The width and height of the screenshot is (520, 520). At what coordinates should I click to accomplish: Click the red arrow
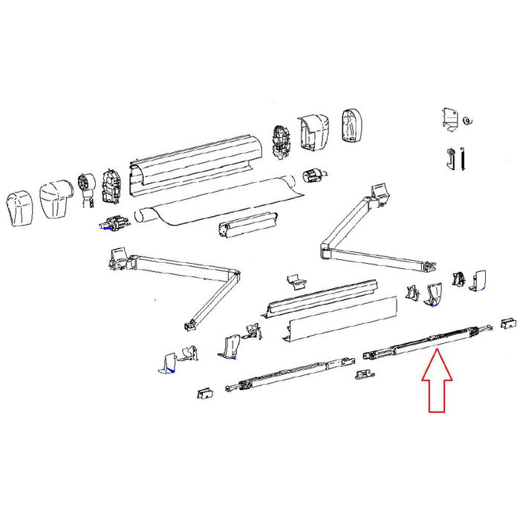(437, 383)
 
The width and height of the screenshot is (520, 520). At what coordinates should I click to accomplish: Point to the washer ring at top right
(467, 120)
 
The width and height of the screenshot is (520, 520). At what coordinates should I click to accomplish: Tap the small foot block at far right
(507, 324)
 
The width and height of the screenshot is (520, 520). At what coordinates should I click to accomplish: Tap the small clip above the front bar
(295, 280)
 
